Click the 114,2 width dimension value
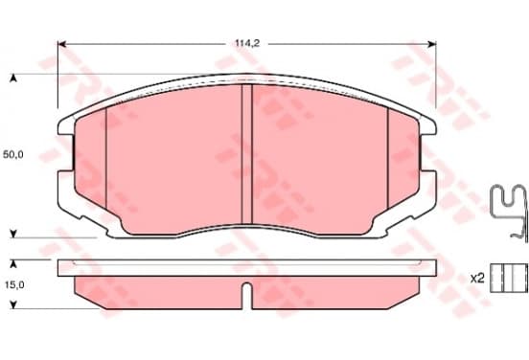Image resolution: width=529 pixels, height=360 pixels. [247, 43]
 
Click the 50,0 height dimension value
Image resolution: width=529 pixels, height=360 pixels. [13, 155]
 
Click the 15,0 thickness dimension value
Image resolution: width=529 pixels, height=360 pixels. [14, 285]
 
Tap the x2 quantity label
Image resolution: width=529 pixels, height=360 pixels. [477, 279]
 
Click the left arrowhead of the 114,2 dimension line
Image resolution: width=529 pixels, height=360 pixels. [61, 44]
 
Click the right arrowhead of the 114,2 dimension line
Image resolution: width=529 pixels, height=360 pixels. [432, 44]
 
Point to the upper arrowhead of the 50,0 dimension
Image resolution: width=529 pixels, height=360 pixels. [13, 79]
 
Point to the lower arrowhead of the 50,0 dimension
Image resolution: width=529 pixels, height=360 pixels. [13, 234]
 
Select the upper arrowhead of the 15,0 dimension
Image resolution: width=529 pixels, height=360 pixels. [13, 264]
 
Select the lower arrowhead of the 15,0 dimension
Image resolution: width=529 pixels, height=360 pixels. [13, 304]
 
